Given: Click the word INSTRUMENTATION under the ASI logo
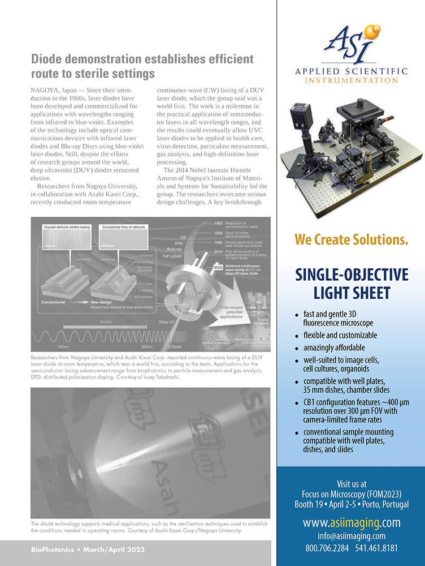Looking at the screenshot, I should click(x=351, y=80).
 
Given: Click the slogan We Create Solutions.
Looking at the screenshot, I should click(x=351, y=239).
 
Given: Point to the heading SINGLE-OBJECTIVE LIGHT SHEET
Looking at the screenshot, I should click(x=351, y=284).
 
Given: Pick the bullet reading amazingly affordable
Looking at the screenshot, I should click(x=333, y=348).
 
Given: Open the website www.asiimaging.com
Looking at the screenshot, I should click(x=351, y=522).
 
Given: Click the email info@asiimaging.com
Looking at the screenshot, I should click(x=351, y=535).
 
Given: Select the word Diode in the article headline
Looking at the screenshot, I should click(x=48, y=59).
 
